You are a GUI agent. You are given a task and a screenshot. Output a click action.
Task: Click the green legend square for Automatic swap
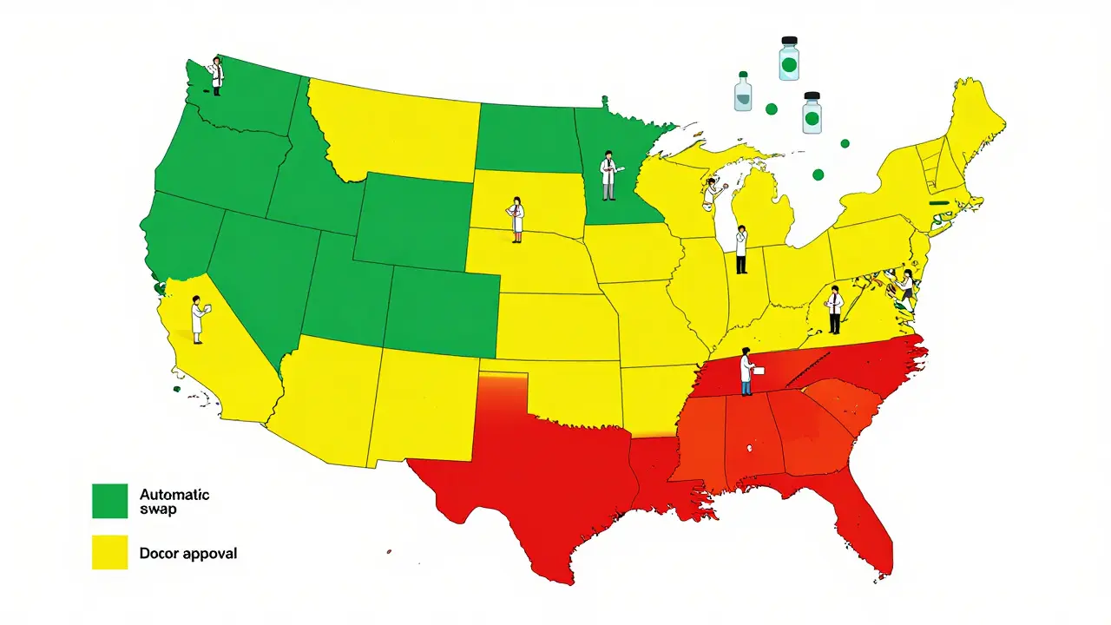tap(109, 501)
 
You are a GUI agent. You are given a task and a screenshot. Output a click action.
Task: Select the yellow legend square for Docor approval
tap(109, 552)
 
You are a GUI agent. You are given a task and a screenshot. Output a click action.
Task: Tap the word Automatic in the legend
tap(174, 495)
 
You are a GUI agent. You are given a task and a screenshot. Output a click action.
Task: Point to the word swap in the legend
tap(158, 510)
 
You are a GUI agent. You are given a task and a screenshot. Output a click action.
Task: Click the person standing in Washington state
tap(217, 76)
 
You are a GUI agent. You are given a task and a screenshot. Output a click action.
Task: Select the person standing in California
tap(199, 319)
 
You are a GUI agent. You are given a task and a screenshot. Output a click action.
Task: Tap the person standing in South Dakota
tap(517, 219)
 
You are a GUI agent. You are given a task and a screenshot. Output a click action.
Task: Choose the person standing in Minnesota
tap(608, 175)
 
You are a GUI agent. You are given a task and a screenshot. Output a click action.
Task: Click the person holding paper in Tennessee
tap(747, 372)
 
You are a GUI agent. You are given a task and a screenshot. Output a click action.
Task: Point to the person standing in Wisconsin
tap(713, 193)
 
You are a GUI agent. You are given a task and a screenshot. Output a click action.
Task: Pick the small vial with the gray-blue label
tap(743, 92)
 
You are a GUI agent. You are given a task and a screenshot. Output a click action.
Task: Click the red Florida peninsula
tap(859, 521)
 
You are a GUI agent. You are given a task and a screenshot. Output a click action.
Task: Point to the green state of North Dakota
tap(528, 139)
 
